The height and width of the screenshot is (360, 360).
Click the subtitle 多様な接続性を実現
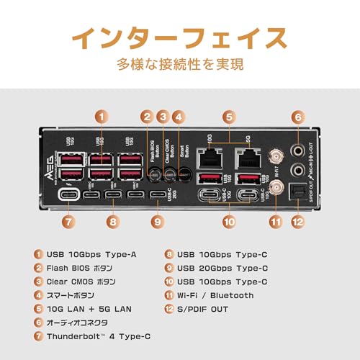click(x=180, y=64)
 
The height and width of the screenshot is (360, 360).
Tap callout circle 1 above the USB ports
click(x=103, y=115)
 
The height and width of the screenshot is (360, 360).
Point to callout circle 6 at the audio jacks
click(x=297, y=115)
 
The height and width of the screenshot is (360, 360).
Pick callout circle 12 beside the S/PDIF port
click(x=297, y=222)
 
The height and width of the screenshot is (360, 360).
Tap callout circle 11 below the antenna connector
click(x=274, y=222)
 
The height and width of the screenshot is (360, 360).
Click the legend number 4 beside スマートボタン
click(x=38, y=295)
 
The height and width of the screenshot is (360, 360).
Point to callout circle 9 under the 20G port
click(x=157, y=222)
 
